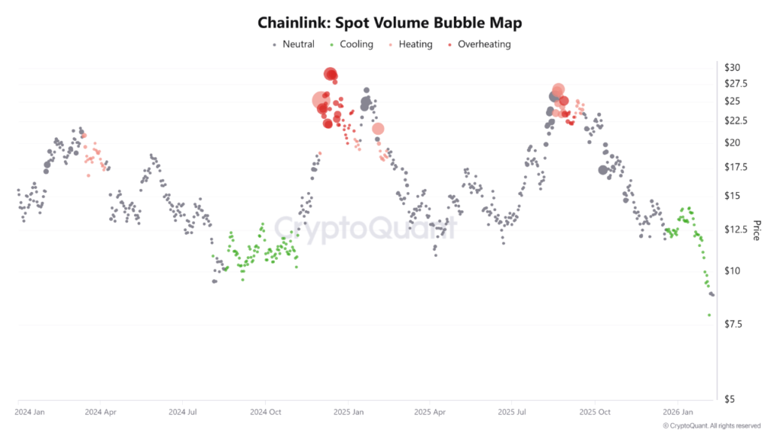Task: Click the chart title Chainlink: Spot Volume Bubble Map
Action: point(389,23)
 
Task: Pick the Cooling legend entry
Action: point(356,44)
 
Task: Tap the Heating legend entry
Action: point(415,44)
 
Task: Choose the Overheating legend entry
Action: point(484,44)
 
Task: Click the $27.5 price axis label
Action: point(737,84)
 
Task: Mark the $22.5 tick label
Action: point(737,121)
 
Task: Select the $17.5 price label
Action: point(737,168)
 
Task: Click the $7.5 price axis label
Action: point(735,325)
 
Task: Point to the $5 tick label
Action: point(730,399)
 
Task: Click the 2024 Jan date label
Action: point(30,412)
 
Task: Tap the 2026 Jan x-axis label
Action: point(677,412)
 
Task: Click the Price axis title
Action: point(756,230)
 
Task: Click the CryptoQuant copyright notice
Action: point(711,425)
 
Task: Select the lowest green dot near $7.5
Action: point(709,315)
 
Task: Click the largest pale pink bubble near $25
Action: point(321,100)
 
